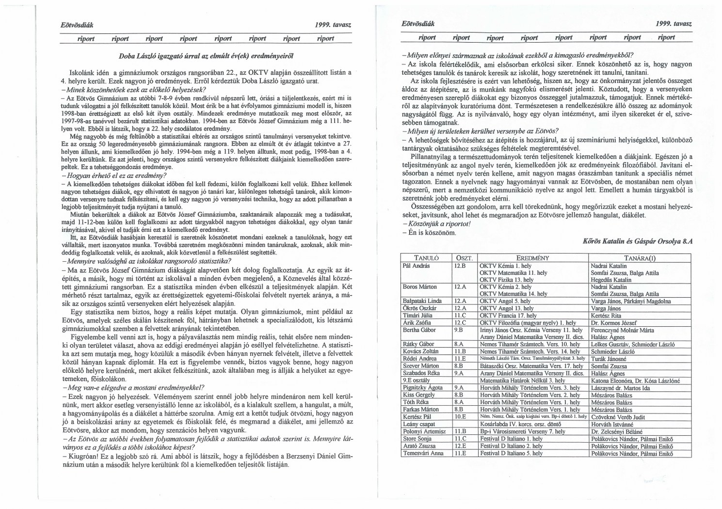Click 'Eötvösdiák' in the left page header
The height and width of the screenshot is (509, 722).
coord(74,24)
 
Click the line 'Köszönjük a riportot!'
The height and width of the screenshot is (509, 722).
coord(436,224)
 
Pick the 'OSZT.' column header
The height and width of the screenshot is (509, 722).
coord(464,258)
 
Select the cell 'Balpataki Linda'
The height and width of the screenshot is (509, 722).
coord(422,301)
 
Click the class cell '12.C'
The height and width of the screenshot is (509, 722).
coord(460,322)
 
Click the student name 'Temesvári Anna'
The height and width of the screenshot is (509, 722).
coord(423,453)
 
